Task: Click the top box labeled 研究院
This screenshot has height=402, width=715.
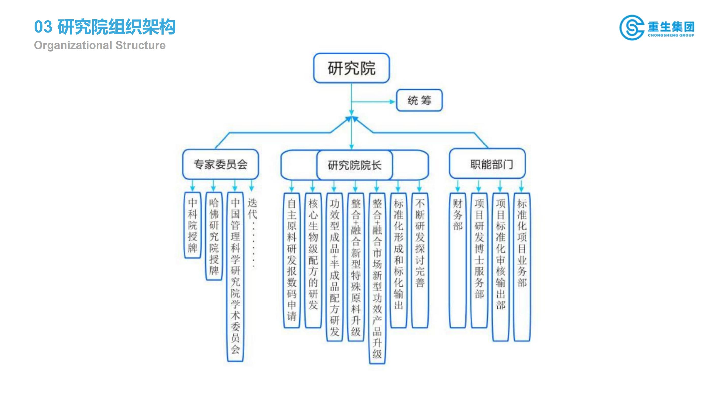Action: point(351,68)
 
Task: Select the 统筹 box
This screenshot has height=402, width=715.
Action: point(419,100)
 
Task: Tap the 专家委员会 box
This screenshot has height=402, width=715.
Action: point(220,164)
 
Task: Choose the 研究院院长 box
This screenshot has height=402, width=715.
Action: point(354,165)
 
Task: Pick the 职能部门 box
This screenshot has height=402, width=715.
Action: point(487,164)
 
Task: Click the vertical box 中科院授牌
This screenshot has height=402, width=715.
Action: point(193,225)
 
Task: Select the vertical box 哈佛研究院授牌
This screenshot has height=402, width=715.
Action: point(214,236)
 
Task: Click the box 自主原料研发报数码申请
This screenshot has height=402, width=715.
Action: point(291,260)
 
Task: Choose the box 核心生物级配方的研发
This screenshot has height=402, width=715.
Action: point(313,260)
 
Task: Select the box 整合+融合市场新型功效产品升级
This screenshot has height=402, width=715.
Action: point(377,278)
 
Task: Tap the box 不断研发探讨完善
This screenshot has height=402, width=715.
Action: point(420,260)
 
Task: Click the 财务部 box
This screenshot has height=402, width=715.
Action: point(457,260)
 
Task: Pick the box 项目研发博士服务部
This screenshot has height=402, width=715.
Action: point(479,260)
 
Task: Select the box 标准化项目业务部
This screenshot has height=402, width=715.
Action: point(522,267)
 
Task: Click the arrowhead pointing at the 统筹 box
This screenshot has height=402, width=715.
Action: point(392,102)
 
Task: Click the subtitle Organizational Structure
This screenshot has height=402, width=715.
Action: point(100,45)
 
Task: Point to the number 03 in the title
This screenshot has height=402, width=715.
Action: point(43,27)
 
